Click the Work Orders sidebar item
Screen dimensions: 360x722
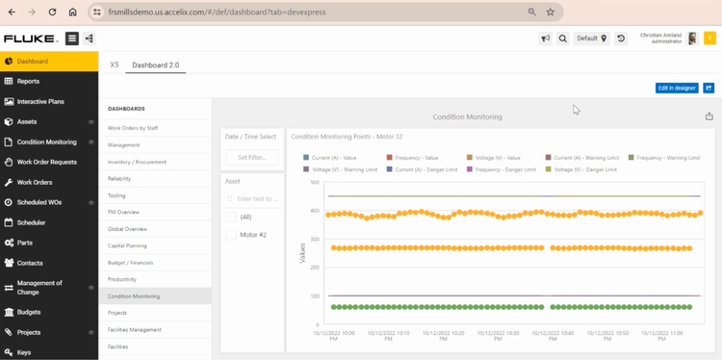coord(35,182)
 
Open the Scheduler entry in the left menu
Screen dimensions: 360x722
coord(31,222)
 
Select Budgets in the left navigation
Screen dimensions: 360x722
coord(29,312)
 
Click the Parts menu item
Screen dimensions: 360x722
coord(25,243)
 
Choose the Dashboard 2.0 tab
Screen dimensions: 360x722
coord(155,64)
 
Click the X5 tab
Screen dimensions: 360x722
coord(115,64)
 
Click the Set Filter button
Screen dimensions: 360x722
coord(252,157)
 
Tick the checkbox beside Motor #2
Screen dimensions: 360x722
coord(231,235)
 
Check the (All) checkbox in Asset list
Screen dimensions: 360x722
coord(231,218)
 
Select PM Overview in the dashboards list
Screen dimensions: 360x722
coord(123,212)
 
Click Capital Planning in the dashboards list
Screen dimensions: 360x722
coord(127,245)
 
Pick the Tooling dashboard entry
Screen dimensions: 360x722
coord(116,195)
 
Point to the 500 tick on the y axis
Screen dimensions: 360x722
coord(314,182)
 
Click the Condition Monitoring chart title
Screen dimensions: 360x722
coord(467,116)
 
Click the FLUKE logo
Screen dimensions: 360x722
coord(29,39)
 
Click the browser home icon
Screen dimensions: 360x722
coord(72,13)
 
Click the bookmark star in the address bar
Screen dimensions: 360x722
coord(551,13)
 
